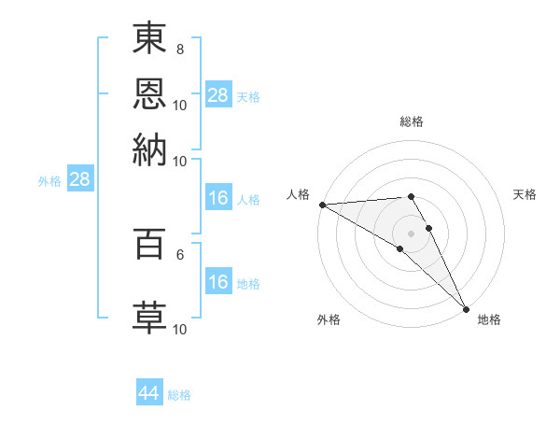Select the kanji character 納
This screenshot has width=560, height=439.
pos(149,147)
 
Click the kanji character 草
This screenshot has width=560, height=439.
pos(149,316)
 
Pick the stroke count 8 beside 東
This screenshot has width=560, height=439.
pos(180,49)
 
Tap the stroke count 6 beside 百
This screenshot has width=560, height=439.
pos(180,252)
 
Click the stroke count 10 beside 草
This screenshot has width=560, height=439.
pos(180,329)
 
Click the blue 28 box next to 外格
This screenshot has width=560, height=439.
pos(79,180)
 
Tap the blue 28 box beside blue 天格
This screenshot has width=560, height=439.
pos(217,94)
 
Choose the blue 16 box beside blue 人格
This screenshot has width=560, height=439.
pos(217,198)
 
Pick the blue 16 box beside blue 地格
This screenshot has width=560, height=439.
pos(217,281)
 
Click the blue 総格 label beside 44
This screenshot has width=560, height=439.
pos(179,395)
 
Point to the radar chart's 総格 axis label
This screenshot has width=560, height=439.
pos(412,121)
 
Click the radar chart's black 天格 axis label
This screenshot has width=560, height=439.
pos(525,194)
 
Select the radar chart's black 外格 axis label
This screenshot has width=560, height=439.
pos(329,320)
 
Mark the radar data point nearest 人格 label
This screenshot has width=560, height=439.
pos(322,205)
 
